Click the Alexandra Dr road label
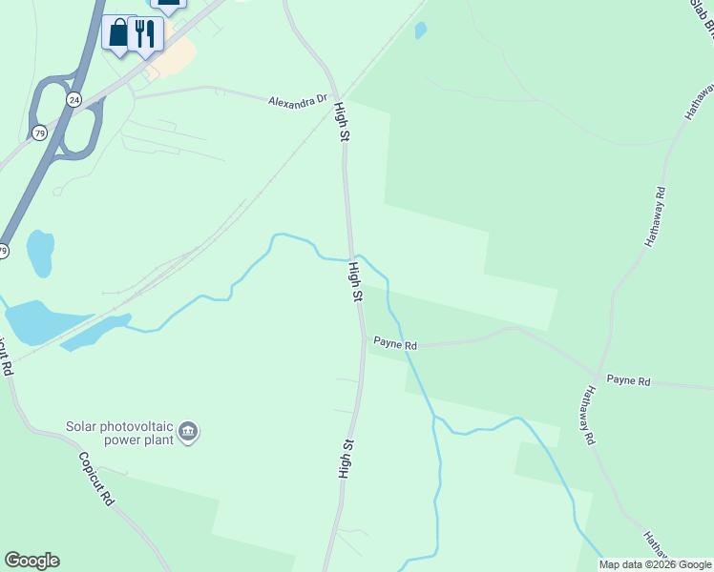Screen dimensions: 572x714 298,100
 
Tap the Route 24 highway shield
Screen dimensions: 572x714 73,98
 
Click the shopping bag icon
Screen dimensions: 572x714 117,33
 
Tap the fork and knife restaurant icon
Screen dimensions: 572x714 144,33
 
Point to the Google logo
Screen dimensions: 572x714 31,561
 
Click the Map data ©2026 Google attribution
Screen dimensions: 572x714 655,564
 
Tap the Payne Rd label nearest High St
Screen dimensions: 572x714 394,343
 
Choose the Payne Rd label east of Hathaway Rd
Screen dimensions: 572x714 628,380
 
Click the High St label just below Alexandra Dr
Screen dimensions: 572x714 341,124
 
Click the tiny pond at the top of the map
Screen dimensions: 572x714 421,31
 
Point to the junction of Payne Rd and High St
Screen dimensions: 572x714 362,336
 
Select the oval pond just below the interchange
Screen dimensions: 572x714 40,253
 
